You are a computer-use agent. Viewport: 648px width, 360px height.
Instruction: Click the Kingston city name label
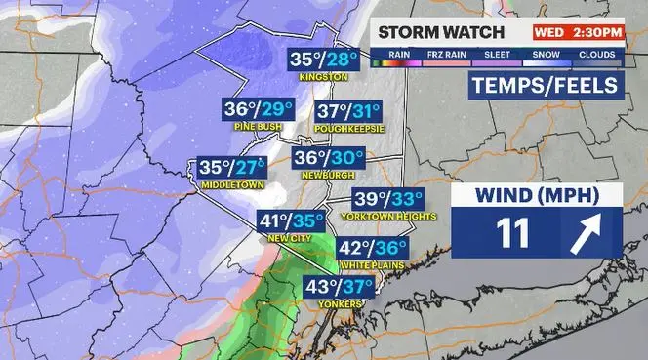click(325, 77)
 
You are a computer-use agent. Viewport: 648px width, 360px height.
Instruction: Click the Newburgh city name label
click(330, 175)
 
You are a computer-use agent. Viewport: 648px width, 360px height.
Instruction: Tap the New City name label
click(290, 239)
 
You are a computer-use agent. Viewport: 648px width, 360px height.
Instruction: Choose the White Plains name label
click(372, 265)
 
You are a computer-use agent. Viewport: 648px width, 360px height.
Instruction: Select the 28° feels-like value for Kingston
click(343, 60)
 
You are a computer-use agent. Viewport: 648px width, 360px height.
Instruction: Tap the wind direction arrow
click(586, 234)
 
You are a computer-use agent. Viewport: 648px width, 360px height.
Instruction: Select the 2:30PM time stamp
click(596, 31)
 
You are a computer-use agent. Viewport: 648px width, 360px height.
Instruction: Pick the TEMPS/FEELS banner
click(545, 86)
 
